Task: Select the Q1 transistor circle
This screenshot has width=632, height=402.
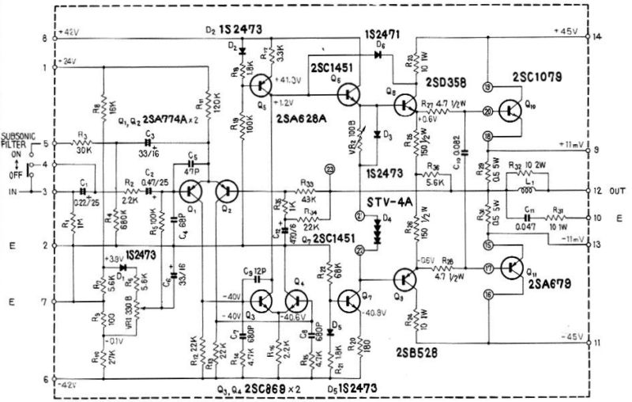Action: pyautogui.click(x=190, y=192)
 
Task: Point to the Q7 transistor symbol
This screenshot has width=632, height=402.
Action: pyautogui.click(x=348, y=301)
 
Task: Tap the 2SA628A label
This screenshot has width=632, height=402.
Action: pyautogui.click(x=301, y=119)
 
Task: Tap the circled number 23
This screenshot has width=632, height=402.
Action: pyautogui.click(x=329, y=167)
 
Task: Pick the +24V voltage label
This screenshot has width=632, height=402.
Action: pyautogui.click(x=68, y=62)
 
